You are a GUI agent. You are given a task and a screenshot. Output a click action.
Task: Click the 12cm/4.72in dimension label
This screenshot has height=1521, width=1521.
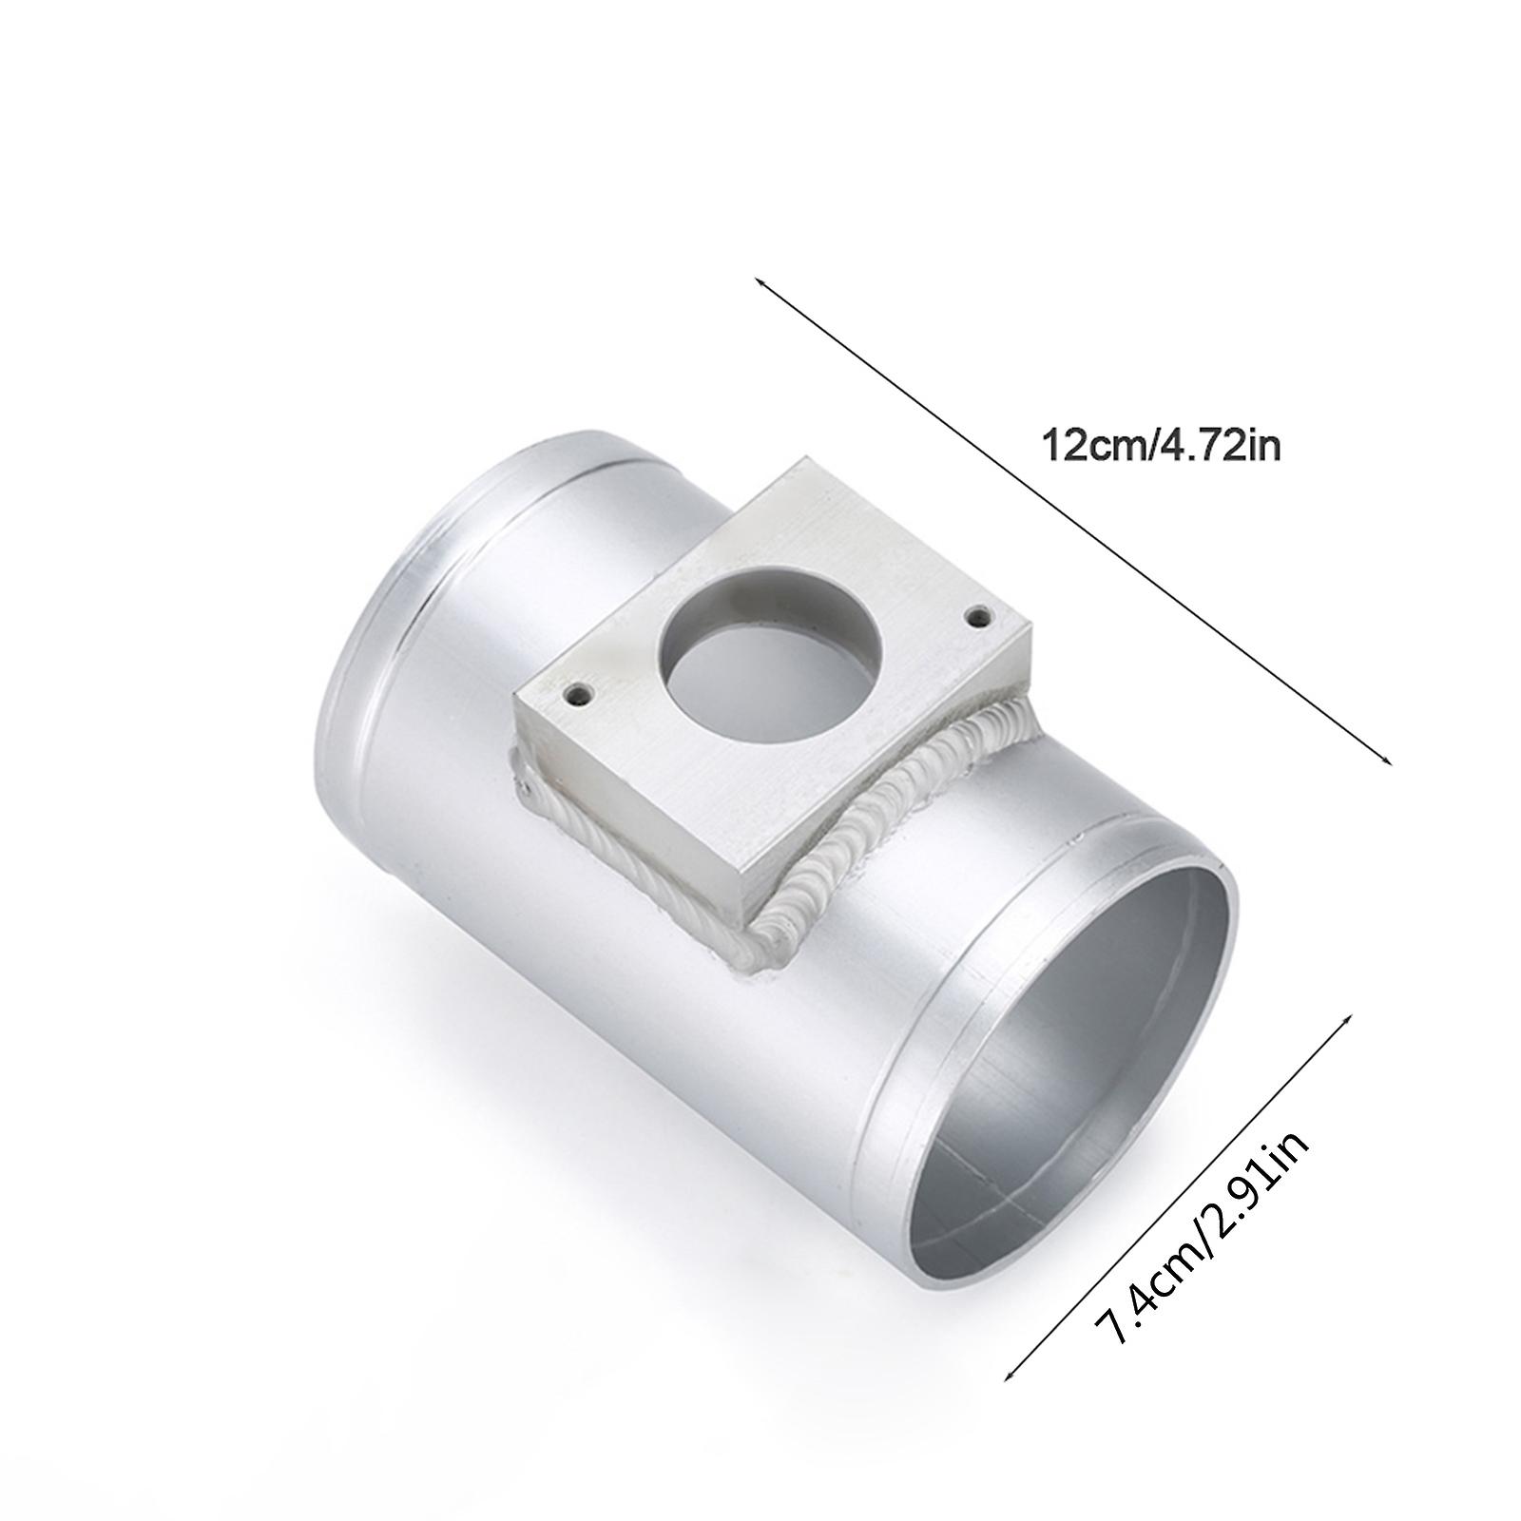click(x=1162, y=445)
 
